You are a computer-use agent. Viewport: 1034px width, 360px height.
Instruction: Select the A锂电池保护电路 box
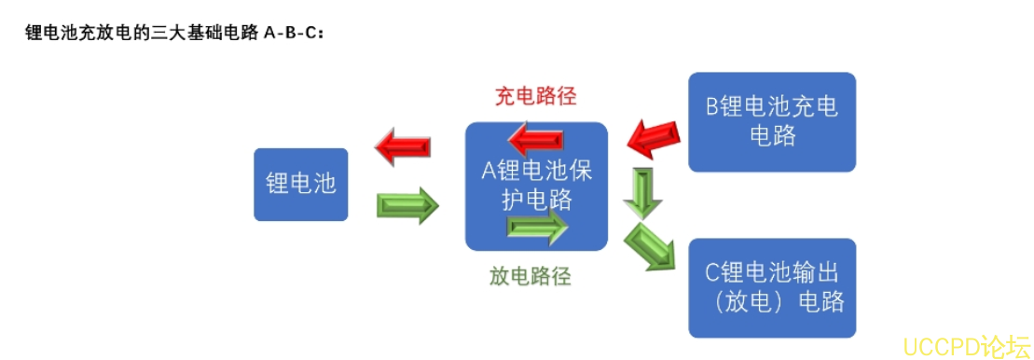[536, 187]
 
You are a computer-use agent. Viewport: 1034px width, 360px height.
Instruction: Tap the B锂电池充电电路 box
[771, 121]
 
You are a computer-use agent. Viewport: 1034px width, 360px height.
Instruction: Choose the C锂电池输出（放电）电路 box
[771, 287]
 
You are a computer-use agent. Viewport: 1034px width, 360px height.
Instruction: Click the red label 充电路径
[535, 97]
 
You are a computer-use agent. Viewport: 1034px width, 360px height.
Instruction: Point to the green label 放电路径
[530, 276]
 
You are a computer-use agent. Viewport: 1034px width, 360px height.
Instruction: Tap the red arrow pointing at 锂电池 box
[402, 147]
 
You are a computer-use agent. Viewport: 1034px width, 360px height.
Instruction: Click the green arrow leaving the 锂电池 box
[407, 205]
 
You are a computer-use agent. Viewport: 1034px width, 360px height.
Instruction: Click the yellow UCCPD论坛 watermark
[964, 345]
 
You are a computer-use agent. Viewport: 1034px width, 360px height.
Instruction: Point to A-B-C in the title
[291, 34]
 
